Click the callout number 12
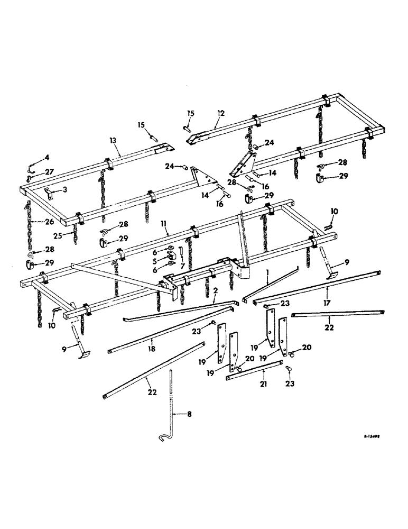click(x=220, y=113)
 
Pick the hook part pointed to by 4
click(x=32, y=166)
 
